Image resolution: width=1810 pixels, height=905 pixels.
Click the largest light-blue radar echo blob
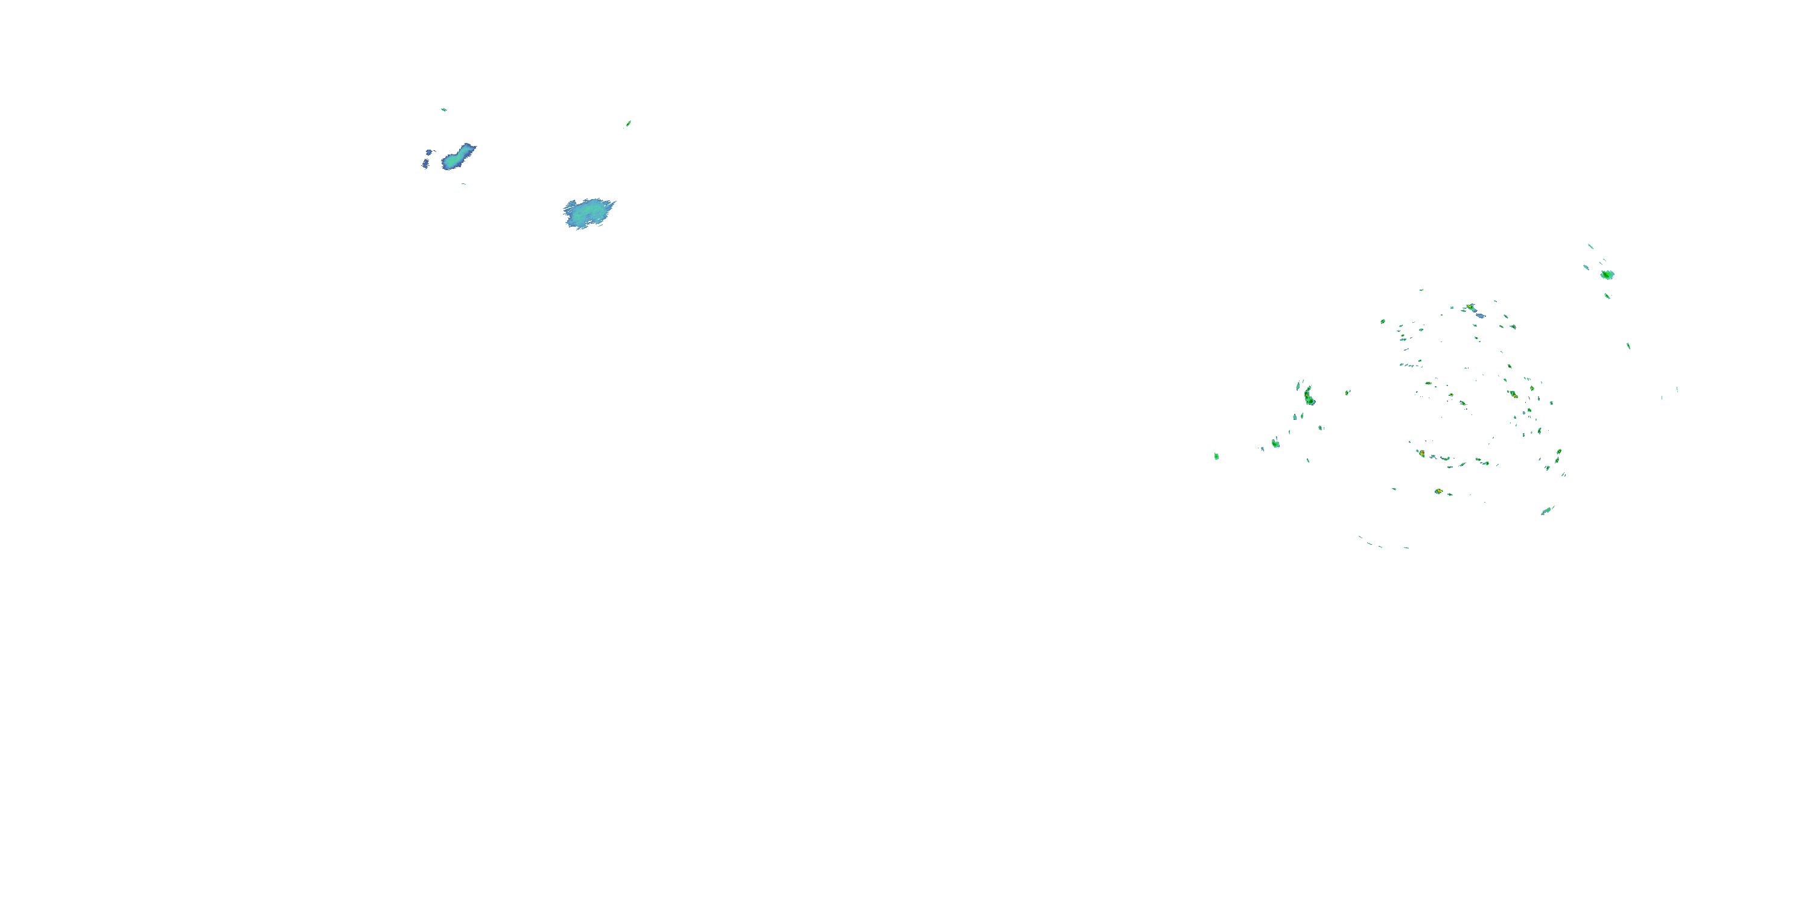(x=588, y=213)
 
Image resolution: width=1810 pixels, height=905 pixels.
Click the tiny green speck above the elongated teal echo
(x=443, y=110)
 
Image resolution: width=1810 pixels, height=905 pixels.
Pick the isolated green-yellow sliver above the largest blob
(x=628, y=124)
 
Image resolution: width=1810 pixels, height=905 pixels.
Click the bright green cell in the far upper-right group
(x=1607, y=275)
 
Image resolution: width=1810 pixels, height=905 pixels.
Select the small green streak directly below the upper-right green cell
(x=1607, y=296)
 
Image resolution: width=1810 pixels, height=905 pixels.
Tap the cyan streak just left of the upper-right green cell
(x=1586, y=268)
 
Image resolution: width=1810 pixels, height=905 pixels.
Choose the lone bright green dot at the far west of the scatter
(x=1216, y=457)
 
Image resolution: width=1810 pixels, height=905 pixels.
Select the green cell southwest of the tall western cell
(x=1275, y=443)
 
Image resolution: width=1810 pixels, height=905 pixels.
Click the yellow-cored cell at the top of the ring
(x=1471, y=308)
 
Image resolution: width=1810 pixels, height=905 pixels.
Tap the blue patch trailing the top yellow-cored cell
(x=1481, y=316)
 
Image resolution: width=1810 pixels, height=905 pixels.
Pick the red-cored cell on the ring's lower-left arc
(x=1421, y=453)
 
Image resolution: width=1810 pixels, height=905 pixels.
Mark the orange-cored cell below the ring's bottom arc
(x=1438, y=491)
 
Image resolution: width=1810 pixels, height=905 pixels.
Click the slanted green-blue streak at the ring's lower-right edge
(x=1547, y=510)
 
